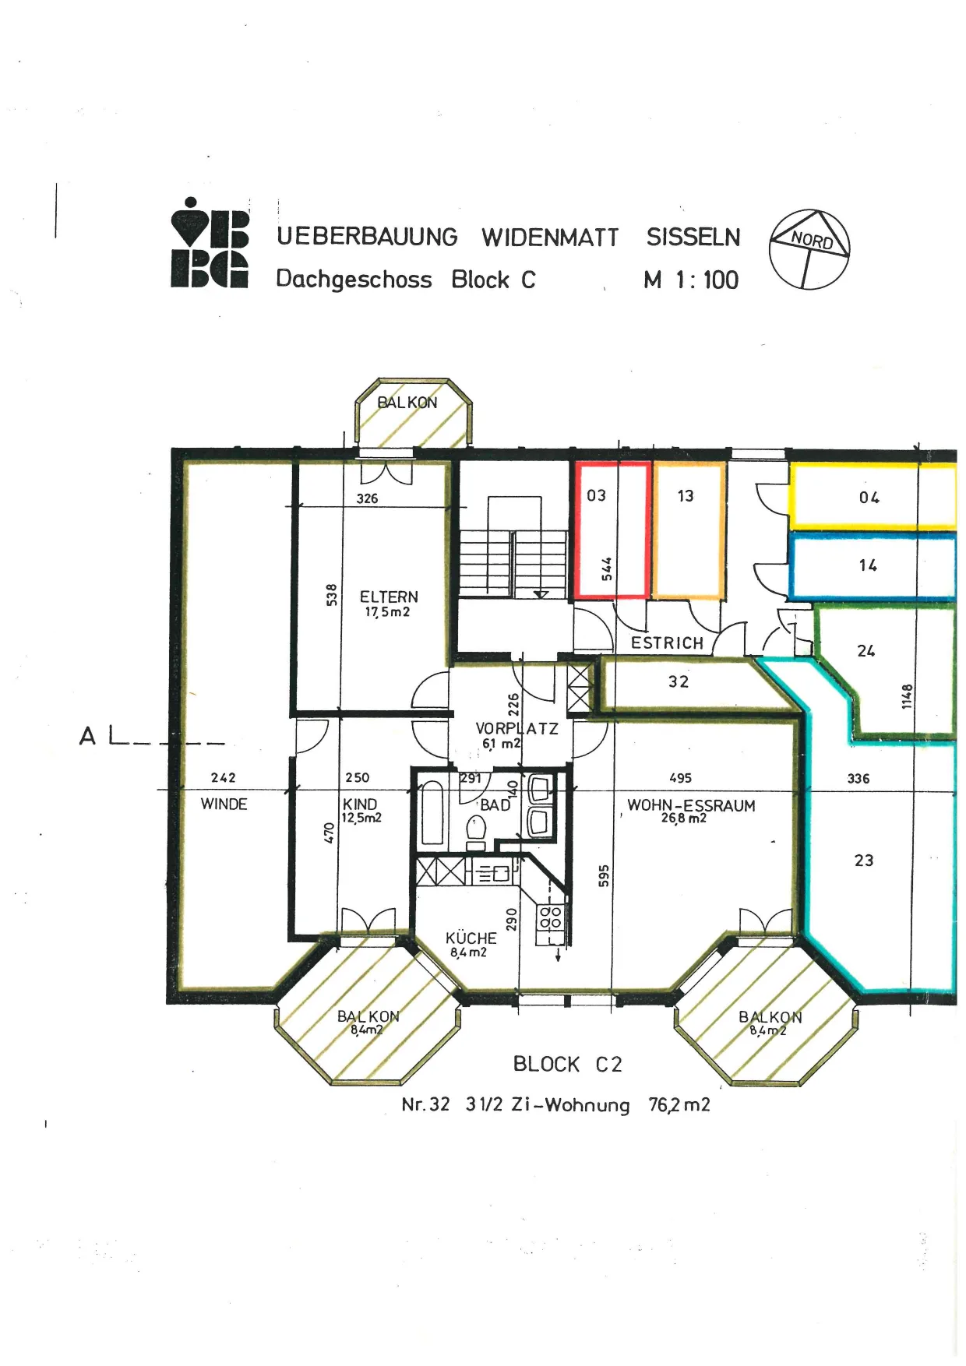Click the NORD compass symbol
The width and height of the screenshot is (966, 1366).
point(809,249)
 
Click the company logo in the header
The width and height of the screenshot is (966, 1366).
point(210,243)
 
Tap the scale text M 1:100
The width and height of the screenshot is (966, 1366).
point(691,280)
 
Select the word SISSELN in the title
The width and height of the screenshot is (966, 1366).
point(693,237)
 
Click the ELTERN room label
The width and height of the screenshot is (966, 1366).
point(389,597)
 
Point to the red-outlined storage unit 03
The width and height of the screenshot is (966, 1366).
point(612,530)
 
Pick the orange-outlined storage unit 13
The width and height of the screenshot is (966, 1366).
point(689,530)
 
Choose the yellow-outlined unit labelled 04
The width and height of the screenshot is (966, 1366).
point(873,497)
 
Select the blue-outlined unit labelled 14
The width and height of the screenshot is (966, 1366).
point(873,565)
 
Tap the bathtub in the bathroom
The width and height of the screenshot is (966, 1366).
point(432,814)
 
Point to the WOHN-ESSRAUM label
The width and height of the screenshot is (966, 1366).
point(691,805)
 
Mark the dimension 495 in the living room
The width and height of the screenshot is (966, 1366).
point(680,778)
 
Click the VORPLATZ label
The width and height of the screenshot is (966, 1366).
point(516,729)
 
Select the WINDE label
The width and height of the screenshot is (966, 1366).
point(224,804)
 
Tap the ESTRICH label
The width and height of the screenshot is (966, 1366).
point(667,643)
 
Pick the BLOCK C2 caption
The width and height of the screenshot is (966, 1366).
point(567,1064)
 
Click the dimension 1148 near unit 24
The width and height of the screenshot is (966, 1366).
point(907,696)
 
